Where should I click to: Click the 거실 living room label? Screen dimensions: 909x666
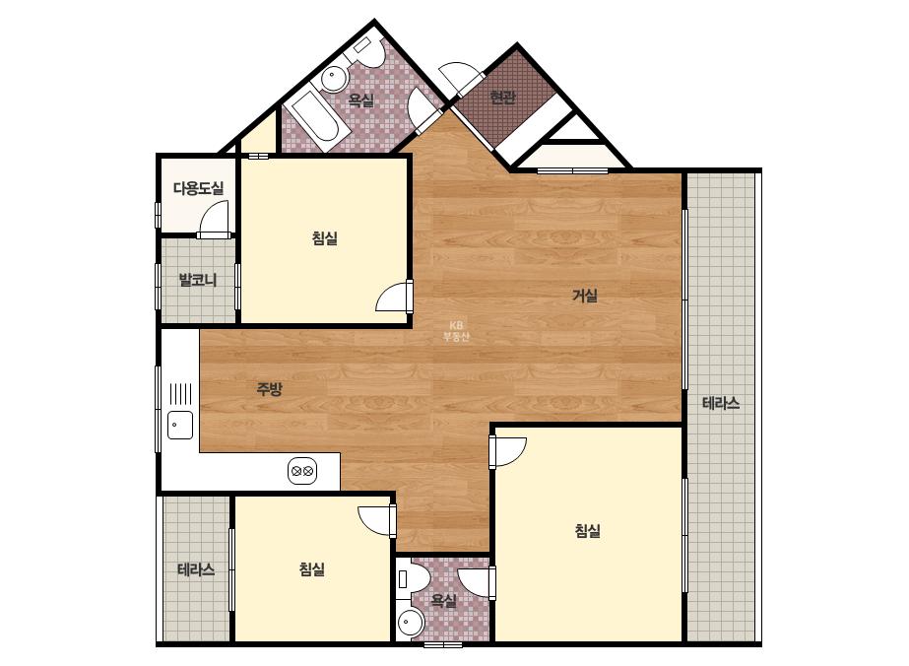585,296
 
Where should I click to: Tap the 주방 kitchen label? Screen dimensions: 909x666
270,389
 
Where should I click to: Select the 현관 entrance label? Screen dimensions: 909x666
502,98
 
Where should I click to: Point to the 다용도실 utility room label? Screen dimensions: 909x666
198,188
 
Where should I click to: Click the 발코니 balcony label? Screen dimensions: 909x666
198,280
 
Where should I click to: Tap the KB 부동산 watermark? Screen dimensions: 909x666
456,331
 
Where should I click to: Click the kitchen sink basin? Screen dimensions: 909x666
180,426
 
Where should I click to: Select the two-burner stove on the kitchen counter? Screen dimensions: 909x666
302,471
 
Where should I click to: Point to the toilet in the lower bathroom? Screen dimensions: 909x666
414,579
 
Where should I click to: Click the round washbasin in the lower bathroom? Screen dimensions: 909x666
412,624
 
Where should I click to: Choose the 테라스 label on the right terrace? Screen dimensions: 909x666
721,403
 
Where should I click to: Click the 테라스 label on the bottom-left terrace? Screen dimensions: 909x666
196,569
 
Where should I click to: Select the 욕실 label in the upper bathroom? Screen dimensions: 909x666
360,100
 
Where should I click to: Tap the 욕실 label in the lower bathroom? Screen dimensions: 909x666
444,601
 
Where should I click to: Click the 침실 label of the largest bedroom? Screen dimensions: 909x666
587,531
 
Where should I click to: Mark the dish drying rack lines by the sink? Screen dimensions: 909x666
180,393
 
